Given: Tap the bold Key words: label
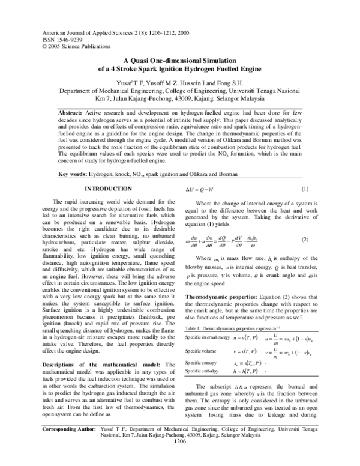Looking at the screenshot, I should click(72, 140).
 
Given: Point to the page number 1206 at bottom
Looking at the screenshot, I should click(179, 458).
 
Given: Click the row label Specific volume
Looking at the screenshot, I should click(200, 350).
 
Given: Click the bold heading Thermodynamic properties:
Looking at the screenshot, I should click(222, 297).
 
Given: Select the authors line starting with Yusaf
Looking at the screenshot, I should click(180, 82).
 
